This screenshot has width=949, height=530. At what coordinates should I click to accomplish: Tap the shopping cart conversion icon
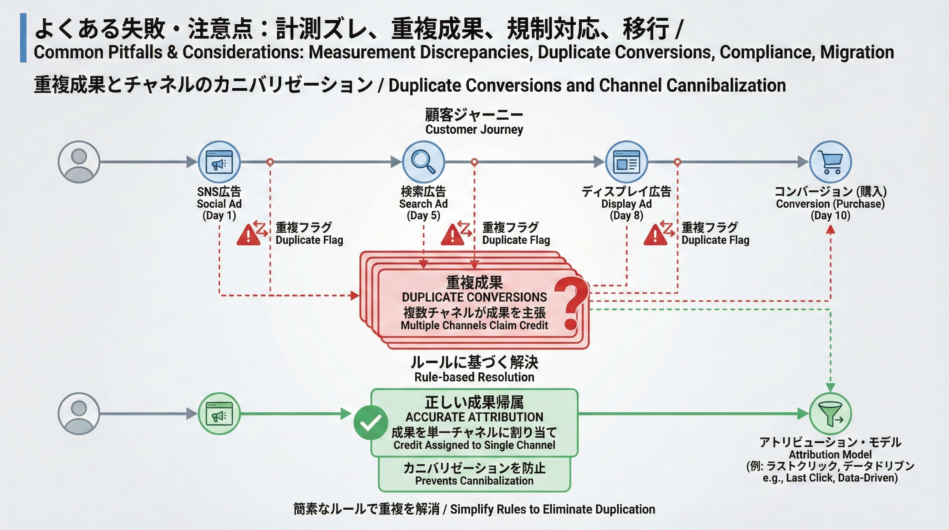point(830,162)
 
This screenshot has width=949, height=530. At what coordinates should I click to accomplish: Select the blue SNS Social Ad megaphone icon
point(219,162)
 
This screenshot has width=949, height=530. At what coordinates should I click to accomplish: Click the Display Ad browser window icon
point(626,162)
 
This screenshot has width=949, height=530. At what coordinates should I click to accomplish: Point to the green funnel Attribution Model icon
point(830,413)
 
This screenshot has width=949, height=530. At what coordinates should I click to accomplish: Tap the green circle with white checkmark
point(370,423)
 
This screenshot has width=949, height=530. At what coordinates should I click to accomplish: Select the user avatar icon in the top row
point(79,162)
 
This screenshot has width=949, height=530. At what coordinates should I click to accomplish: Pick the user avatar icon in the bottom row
point(79,413)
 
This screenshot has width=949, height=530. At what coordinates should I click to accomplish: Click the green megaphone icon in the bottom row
point(219,413)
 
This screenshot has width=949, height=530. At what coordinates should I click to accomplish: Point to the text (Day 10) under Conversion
point(830,216)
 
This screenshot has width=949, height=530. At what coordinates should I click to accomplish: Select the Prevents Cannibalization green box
point(474,474)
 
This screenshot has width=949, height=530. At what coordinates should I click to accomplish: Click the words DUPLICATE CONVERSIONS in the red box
point(474,297)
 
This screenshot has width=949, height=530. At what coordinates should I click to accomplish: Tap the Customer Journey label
point(474,129)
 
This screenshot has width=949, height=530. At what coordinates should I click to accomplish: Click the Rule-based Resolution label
point(474,377)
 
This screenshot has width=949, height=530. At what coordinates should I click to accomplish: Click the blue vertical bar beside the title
point(23,38)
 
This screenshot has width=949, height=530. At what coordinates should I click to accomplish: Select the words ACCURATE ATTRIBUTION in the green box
point(474,417)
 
